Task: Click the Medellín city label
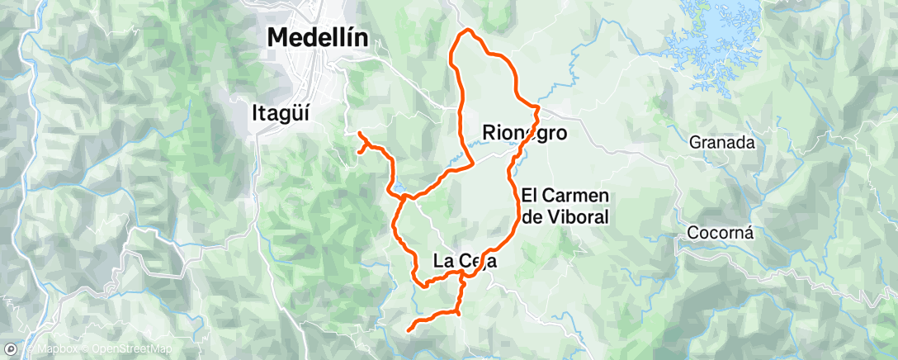pyautogui.click(x=318, y=37)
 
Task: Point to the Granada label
pyautogui.click(x=723, y=143)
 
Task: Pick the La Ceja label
pyautogui.click(x=464, y=261)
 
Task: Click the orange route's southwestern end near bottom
pyautogui.click(x=409, y=329)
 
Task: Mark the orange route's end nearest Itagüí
pyautogui.click(x=359, y=133)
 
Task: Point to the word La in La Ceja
pyautogui.click(x=444, y=261)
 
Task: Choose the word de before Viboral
pyautogui.click(x=533, y=218)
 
